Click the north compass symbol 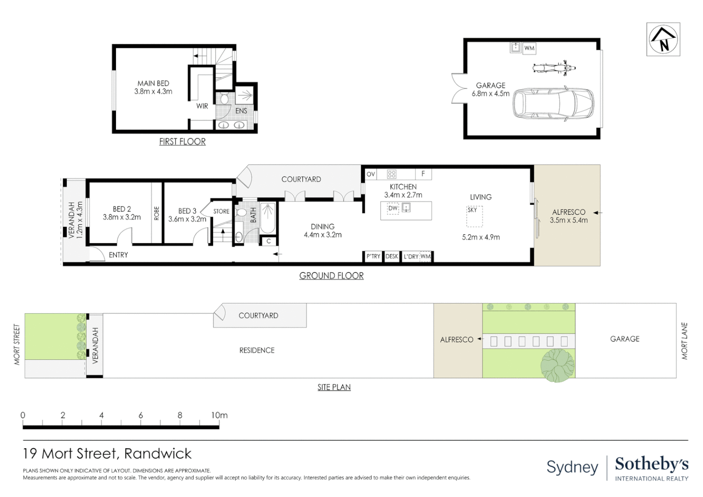click(x=663, y=39)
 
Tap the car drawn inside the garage click(x=553, y=103)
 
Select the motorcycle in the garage click(x=554, y=68)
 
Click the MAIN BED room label click(x=153, y=83)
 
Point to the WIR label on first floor click(x=202, y=106)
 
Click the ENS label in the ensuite click(x=241, y=111)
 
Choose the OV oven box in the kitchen click(x=371, y=174)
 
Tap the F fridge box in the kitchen click(x=423, y=174)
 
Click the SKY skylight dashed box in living click(x=474, y=216)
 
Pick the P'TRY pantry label click(x=373, y=256)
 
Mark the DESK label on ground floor click(x=392, y=256)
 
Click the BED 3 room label click(x=187, y=211)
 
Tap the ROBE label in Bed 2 click(x=156, y=213)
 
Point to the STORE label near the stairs click(x=221, y=211)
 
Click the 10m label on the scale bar click(x=219, y=416)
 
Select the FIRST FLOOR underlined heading click(x=182, y=142)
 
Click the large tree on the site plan click(x=557, y=365)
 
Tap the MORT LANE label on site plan click(x=685, y=341)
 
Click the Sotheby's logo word click(x=652, y=465)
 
